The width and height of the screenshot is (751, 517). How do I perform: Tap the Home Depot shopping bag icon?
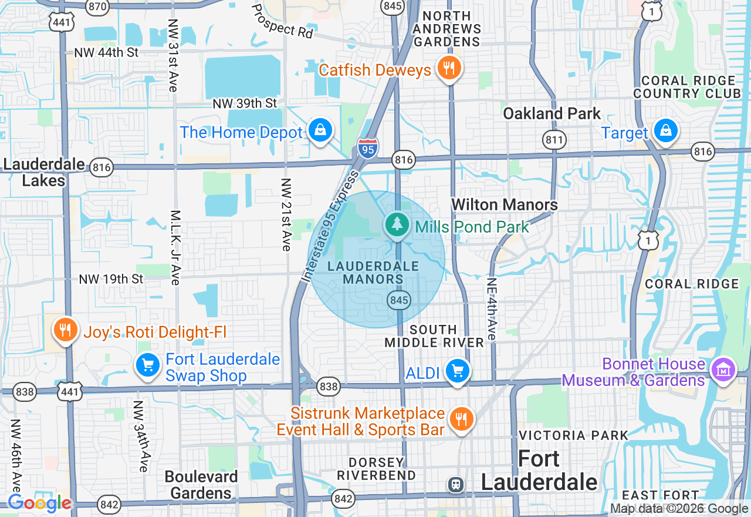tap(320, 130)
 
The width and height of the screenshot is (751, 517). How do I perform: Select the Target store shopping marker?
tap(666, 131)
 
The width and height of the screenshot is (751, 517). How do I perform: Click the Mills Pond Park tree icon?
tap(398, 224)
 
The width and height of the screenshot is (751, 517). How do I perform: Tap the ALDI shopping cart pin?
tap(458, 371)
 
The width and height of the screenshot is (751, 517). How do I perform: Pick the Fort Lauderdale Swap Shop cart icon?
tap(148, 365)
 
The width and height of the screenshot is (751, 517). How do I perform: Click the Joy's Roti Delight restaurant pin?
tap(65, 330)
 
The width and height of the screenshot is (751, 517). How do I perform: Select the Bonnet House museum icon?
tap(723, 370)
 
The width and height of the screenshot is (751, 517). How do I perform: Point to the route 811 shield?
tap(554, 140)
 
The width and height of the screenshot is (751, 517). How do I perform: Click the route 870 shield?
tap(97, 6)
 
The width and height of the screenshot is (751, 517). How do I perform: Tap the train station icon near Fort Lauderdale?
tap(455, 484)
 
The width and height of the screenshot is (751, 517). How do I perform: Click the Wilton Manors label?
tap(505, 204)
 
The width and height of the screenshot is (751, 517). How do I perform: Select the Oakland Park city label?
tap(552, 113)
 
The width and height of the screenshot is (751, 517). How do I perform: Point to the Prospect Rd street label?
tap(283, 22)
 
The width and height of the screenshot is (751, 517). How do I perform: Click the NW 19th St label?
tap(111, 279)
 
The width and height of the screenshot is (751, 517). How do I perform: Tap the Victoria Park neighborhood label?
tap(573, 435)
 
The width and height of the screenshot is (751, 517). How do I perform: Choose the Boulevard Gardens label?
tap(201, 484)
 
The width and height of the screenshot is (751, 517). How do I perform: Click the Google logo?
tap(39, 503)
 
